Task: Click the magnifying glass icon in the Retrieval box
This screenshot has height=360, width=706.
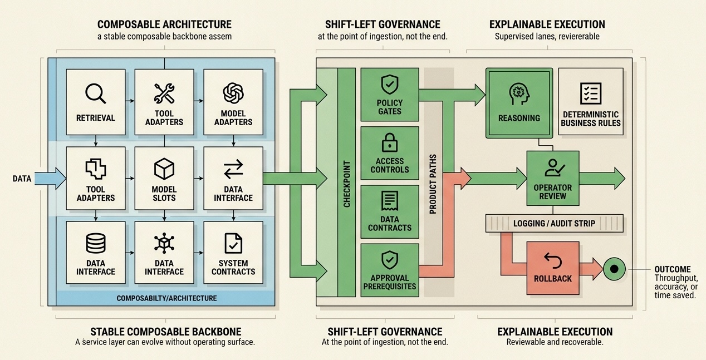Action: pyautogui.click(x=95, y=93)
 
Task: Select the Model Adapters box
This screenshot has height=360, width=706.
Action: pyautogui.click(x=233, y=102)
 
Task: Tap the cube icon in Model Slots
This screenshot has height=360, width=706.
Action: pyautogui.click(x=164, y=168)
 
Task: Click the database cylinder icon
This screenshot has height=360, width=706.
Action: pyautogui.click(x=95, y=243)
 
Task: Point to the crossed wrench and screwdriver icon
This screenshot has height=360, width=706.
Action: pyautogui.click(x=164, y=93)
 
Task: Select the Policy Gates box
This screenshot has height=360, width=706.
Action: pyautogui.click(x=390, y=95)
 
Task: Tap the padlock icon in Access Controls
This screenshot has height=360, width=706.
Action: pyautogui.click(x=390, y=144)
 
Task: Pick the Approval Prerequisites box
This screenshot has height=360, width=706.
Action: pyautogui.click(x=390, y=270)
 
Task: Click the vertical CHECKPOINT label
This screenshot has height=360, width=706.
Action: pyautogui.click(x=347, y=184)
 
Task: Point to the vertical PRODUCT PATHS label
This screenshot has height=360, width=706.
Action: pyautogui.click(x=433, y=184)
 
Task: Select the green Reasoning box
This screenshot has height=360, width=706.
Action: pyautogui.click(x=519, y=103)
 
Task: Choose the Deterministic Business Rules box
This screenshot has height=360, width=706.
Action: pyautogui.click(x=591, y=103)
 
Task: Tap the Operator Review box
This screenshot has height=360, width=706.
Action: pyautogui.click(x=553, y=178)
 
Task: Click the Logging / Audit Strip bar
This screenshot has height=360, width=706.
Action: pyautogui.click(x=554, y=223)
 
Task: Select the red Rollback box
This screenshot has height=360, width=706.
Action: pyautogui.click(x=553, y=268)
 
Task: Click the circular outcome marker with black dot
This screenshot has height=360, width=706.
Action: pyautogui.click(x=614, y=269)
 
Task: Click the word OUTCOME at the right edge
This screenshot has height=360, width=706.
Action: pyautogui.click(x=672, y=269)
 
